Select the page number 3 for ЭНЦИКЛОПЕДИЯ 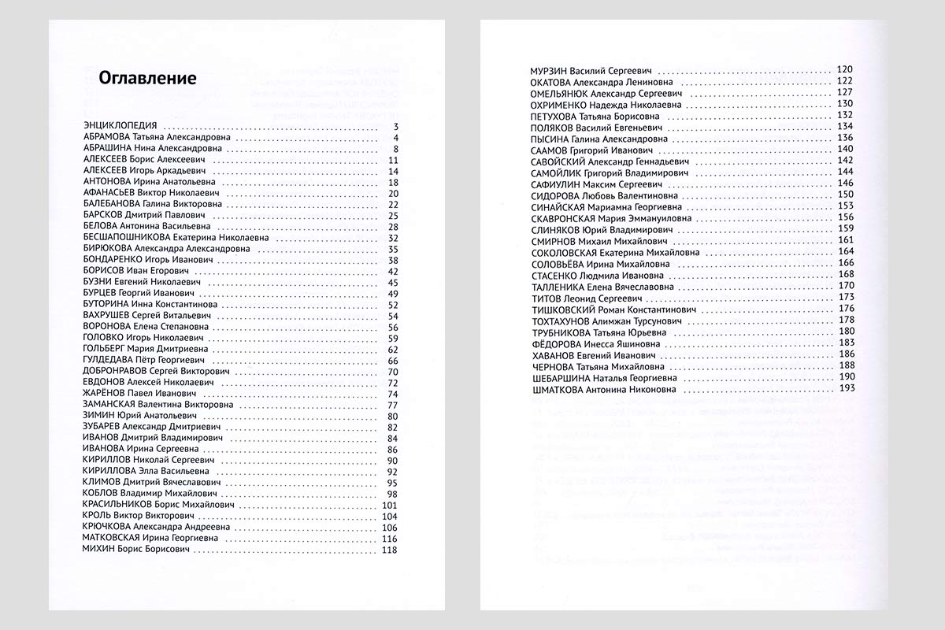click(x=397, y=126)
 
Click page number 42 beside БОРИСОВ click(x=395, y=272)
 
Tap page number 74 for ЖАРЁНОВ click(x=395, y=394)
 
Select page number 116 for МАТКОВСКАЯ click(x=391, y=539)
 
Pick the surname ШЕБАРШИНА click(x=561, y=377)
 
